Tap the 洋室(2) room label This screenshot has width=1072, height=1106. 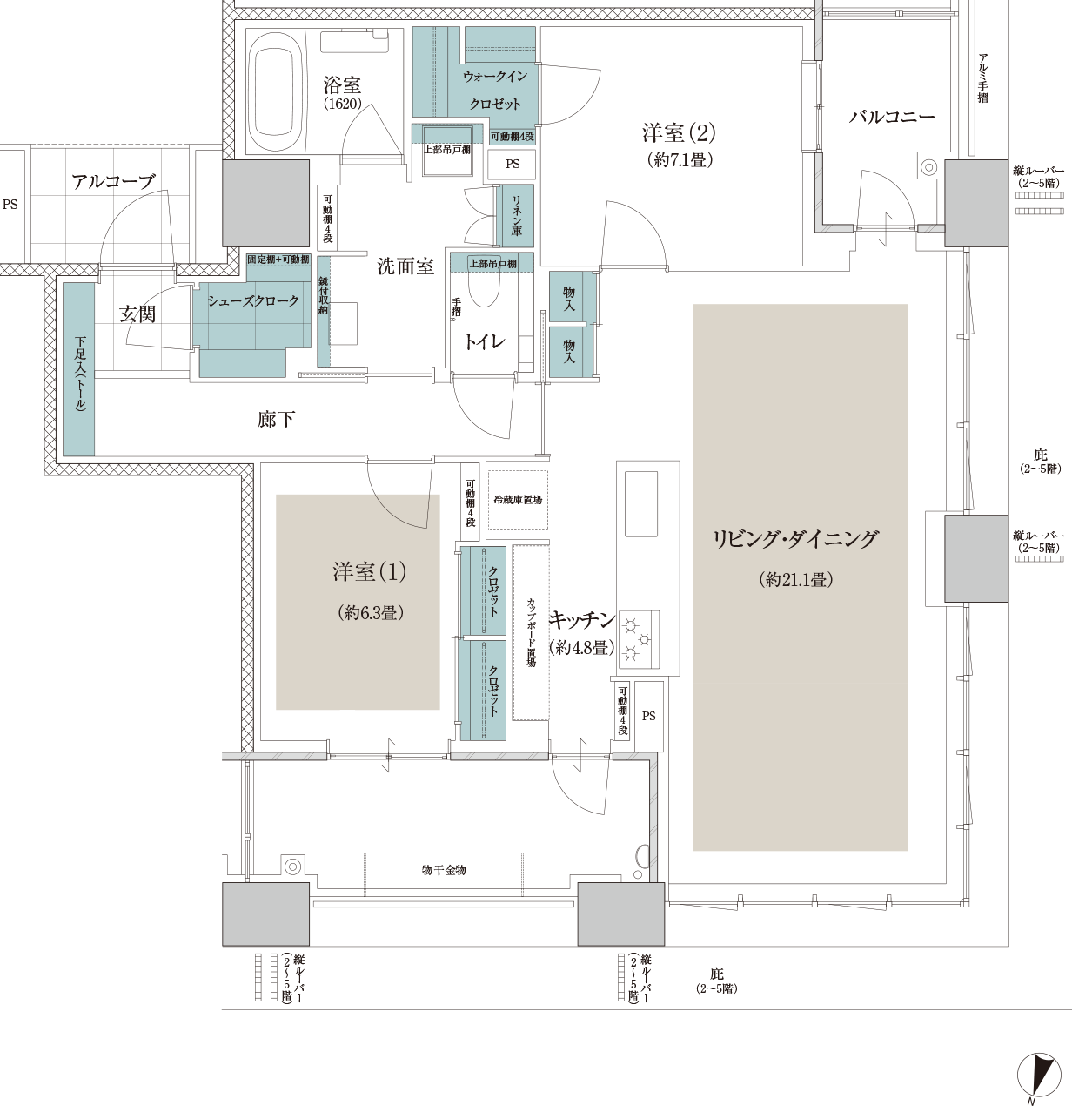point(679,133)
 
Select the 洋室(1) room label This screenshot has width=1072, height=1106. point(370,572)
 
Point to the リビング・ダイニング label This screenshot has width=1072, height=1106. point(795,539)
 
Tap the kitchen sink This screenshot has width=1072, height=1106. point(641,503)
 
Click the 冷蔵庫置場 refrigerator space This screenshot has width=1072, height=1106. point(517,500)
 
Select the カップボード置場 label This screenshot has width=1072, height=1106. point(531,631)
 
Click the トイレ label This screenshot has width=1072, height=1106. point(485,341)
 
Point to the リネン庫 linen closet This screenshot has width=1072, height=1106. point(515,215)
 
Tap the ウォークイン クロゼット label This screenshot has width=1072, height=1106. point(495,90)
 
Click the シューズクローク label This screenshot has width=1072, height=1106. point(252,300)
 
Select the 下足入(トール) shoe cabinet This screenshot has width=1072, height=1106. point(79,369)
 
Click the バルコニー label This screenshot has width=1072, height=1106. point(891,117)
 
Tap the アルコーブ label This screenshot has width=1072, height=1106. point(114,181)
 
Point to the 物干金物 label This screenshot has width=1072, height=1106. point(444,870)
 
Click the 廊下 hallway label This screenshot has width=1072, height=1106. point(276,420)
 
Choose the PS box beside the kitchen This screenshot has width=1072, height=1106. point(648,716)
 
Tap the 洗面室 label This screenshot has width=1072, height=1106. point(405,266)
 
